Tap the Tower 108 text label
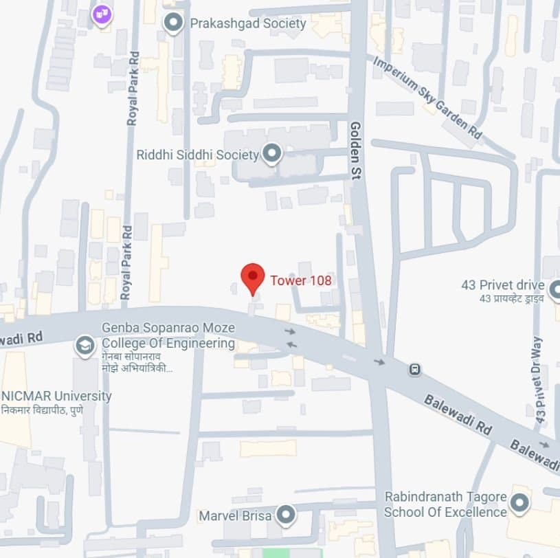[300, 280]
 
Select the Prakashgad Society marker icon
[172, 24]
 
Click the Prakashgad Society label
[247, 24]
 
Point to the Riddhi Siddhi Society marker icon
[273, 154]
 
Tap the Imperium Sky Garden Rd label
[427, 98]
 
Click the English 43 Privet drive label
[502, 285]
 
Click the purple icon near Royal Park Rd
[102, 13]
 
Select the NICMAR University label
[56, 397]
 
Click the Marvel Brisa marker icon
[285, 515]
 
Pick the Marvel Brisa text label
[235, 515]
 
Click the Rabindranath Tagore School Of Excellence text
[445, 504]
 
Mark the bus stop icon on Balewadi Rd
[414, 370]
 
